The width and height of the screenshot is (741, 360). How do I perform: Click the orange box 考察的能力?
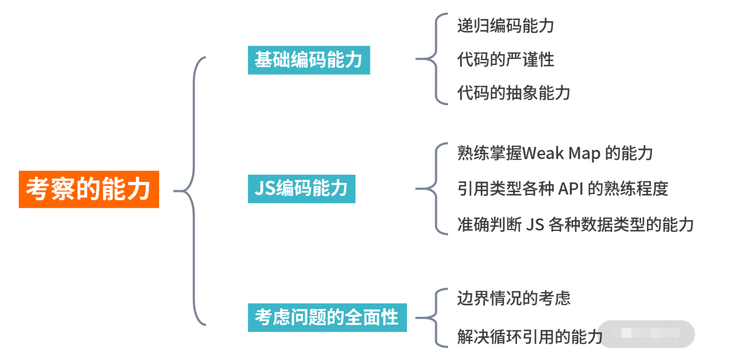tap(89, 189)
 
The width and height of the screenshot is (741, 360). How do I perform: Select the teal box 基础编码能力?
tap(308, 60)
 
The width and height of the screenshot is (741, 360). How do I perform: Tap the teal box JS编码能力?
tap(301, 189)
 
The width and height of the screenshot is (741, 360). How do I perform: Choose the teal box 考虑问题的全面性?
tap(327, 317)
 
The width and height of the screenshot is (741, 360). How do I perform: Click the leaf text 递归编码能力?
tap(505, 26)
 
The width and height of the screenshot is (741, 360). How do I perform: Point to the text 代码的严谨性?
tap(505, 60)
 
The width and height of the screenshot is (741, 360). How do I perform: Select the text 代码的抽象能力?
tap(513, 92)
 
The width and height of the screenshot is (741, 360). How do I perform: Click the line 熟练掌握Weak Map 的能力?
tap(555, 154)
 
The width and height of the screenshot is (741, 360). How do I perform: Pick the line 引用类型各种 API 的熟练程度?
tap(563, 188)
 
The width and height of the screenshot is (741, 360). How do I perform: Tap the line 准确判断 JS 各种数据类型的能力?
tap(575, 224)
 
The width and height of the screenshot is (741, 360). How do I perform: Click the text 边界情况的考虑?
tap(513, 298)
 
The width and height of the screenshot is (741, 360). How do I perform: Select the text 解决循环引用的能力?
tap(530, 336)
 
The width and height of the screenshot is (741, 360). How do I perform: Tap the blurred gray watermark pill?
tap(646, 334)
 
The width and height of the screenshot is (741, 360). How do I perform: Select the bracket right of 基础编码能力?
tap(435, 59)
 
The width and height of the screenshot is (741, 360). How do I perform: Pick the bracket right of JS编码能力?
tap(435, 188)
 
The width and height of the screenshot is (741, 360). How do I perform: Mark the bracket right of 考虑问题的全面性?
tap(435, 318)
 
